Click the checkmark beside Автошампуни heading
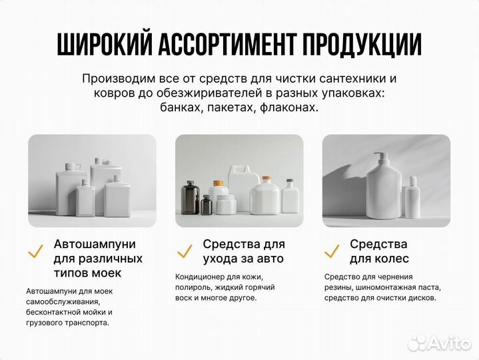(x=35, y=252)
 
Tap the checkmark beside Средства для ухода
(x=184, y=252)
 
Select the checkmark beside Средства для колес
(x=331, y=252)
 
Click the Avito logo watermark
(x=440, y=343)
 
